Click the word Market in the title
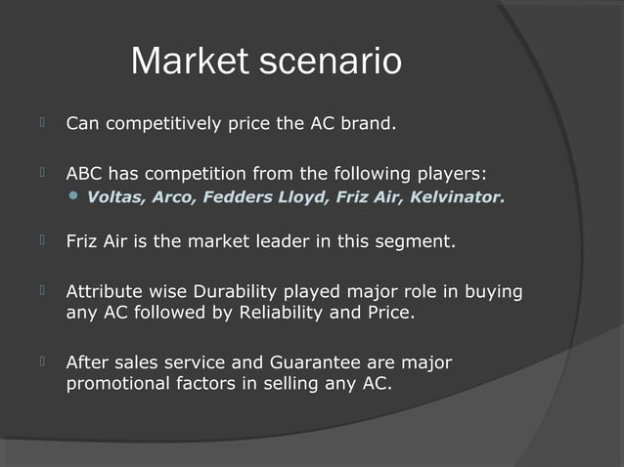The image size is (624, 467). [x=190, y=62]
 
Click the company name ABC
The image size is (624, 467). [x=83, y=174]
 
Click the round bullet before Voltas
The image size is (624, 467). [x=74, y=198]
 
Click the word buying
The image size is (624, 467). [x=495, y=291]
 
